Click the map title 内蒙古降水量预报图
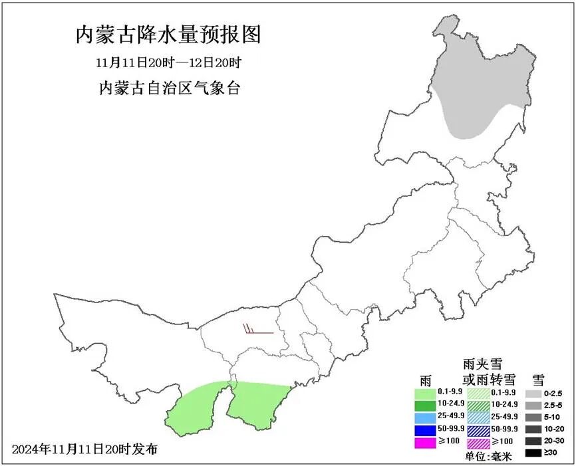click(168, 34)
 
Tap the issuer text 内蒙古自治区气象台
click(168, 88)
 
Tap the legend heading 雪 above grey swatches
click(538, 380)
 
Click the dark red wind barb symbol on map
click(257, 330)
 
